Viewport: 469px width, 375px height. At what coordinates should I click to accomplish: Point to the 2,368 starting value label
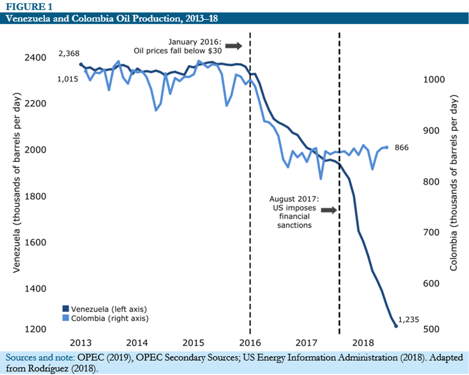click(68, 54)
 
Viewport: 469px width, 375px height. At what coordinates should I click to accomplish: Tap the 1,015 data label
click(68, 79)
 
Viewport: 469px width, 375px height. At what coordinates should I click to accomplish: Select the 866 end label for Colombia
click(402, 148)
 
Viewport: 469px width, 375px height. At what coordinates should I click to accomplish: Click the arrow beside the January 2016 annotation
click(234, 45)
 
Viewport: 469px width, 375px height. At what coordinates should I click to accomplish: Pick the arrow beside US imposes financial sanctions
click(329, 210)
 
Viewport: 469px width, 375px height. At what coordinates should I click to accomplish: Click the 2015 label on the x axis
click(193, 343)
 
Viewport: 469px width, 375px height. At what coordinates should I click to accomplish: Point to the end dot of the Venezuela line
click(396, 326)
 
